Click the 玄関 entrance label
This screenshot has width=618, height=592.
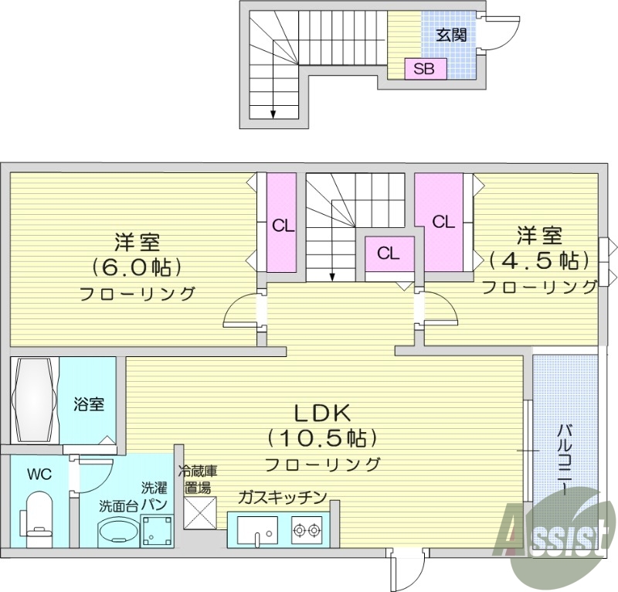(x=448, y=35)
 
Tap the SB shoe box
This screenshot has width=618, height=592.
(x=423, y=69)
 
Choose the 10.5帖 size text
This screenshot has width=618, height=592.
(x=322, y=438)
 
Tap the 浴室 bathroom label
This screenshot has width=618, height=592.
(x=89, y=403)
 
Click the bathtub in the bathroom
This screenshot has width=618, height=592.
(x=34, y=400)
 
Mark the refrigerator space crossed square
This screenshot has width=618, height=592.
(x=200, y=512)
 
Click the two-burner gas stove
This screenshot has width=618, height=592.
(x=305, y=530)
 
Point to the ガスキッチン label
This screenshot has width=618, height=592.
(x=282, y=497)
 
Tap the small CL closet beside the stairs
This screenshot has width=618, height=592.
(x=389, y=253)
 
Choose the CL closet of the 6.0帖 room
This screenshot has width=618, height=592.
(x=283, y=226)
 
